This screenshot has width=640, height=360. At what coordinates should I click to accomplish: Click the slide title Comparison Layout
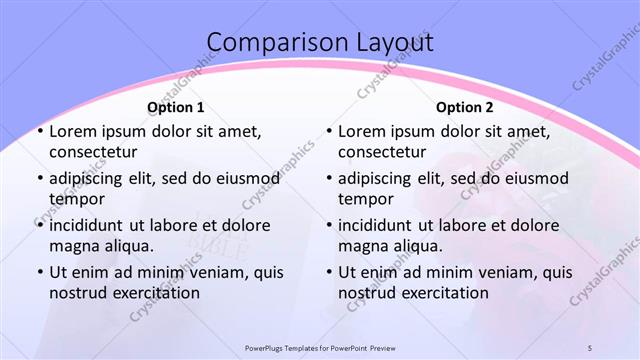(320, 43)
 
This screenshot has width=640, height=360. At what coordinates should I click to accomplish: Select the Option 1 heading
(176, 107)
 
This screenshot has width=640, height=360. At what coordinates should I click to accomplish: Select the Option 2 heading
(465, 107)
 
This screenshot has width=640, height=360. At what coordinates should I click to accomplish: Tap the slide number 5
(590, 348)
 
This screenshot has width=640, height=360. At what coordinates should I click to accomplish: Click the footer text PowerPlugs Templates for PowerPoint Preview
(320, 348)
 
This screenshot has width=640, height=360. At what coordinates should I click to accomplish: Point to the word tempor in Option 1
(75, 199)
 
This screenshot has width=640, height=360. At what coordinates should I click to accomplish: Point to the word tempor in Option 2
(365, 199)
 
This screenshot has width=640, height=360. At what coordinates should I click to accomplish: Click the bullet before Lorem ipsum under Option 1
(38, 131)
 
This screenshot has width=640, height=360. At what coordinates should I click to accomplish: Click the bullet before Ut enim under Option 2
(328, 272)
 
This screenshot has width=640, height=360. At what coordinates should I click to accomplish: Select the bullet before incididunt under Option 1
(38, 225)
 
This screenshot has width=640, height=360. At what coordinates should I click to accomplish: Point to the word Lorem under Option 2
(361, 131)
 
